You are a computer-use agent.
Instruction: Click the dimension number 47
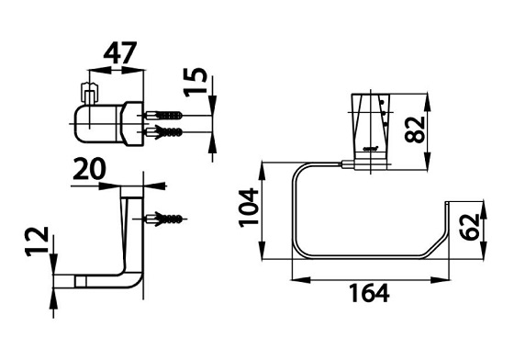pyautogui.click(x=119, y=52)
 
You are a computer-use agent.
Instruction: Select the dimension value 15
pyautogui.click(x=196, y=82)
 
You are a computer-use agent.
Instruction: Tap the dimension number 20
pyautogui.click(x=89, y=169)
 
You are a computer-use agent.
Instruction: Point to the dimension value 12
pyautogui.click(x=37, y=242)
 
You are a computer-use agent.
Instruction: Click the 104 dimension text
pyautogui.click(x=249, y=208)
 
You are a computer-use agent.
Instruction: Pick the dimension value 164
pyautogui.click(x=369, y=293)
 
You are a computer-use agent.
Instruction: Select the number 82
pyautogui.click(x=415, y=129)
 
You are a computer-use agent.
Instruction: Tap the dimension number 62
pyautogui.click(x=469, y=227)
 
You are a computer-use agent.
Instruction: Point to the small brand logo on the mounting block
pyautogui.click(x=370, y=148)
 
